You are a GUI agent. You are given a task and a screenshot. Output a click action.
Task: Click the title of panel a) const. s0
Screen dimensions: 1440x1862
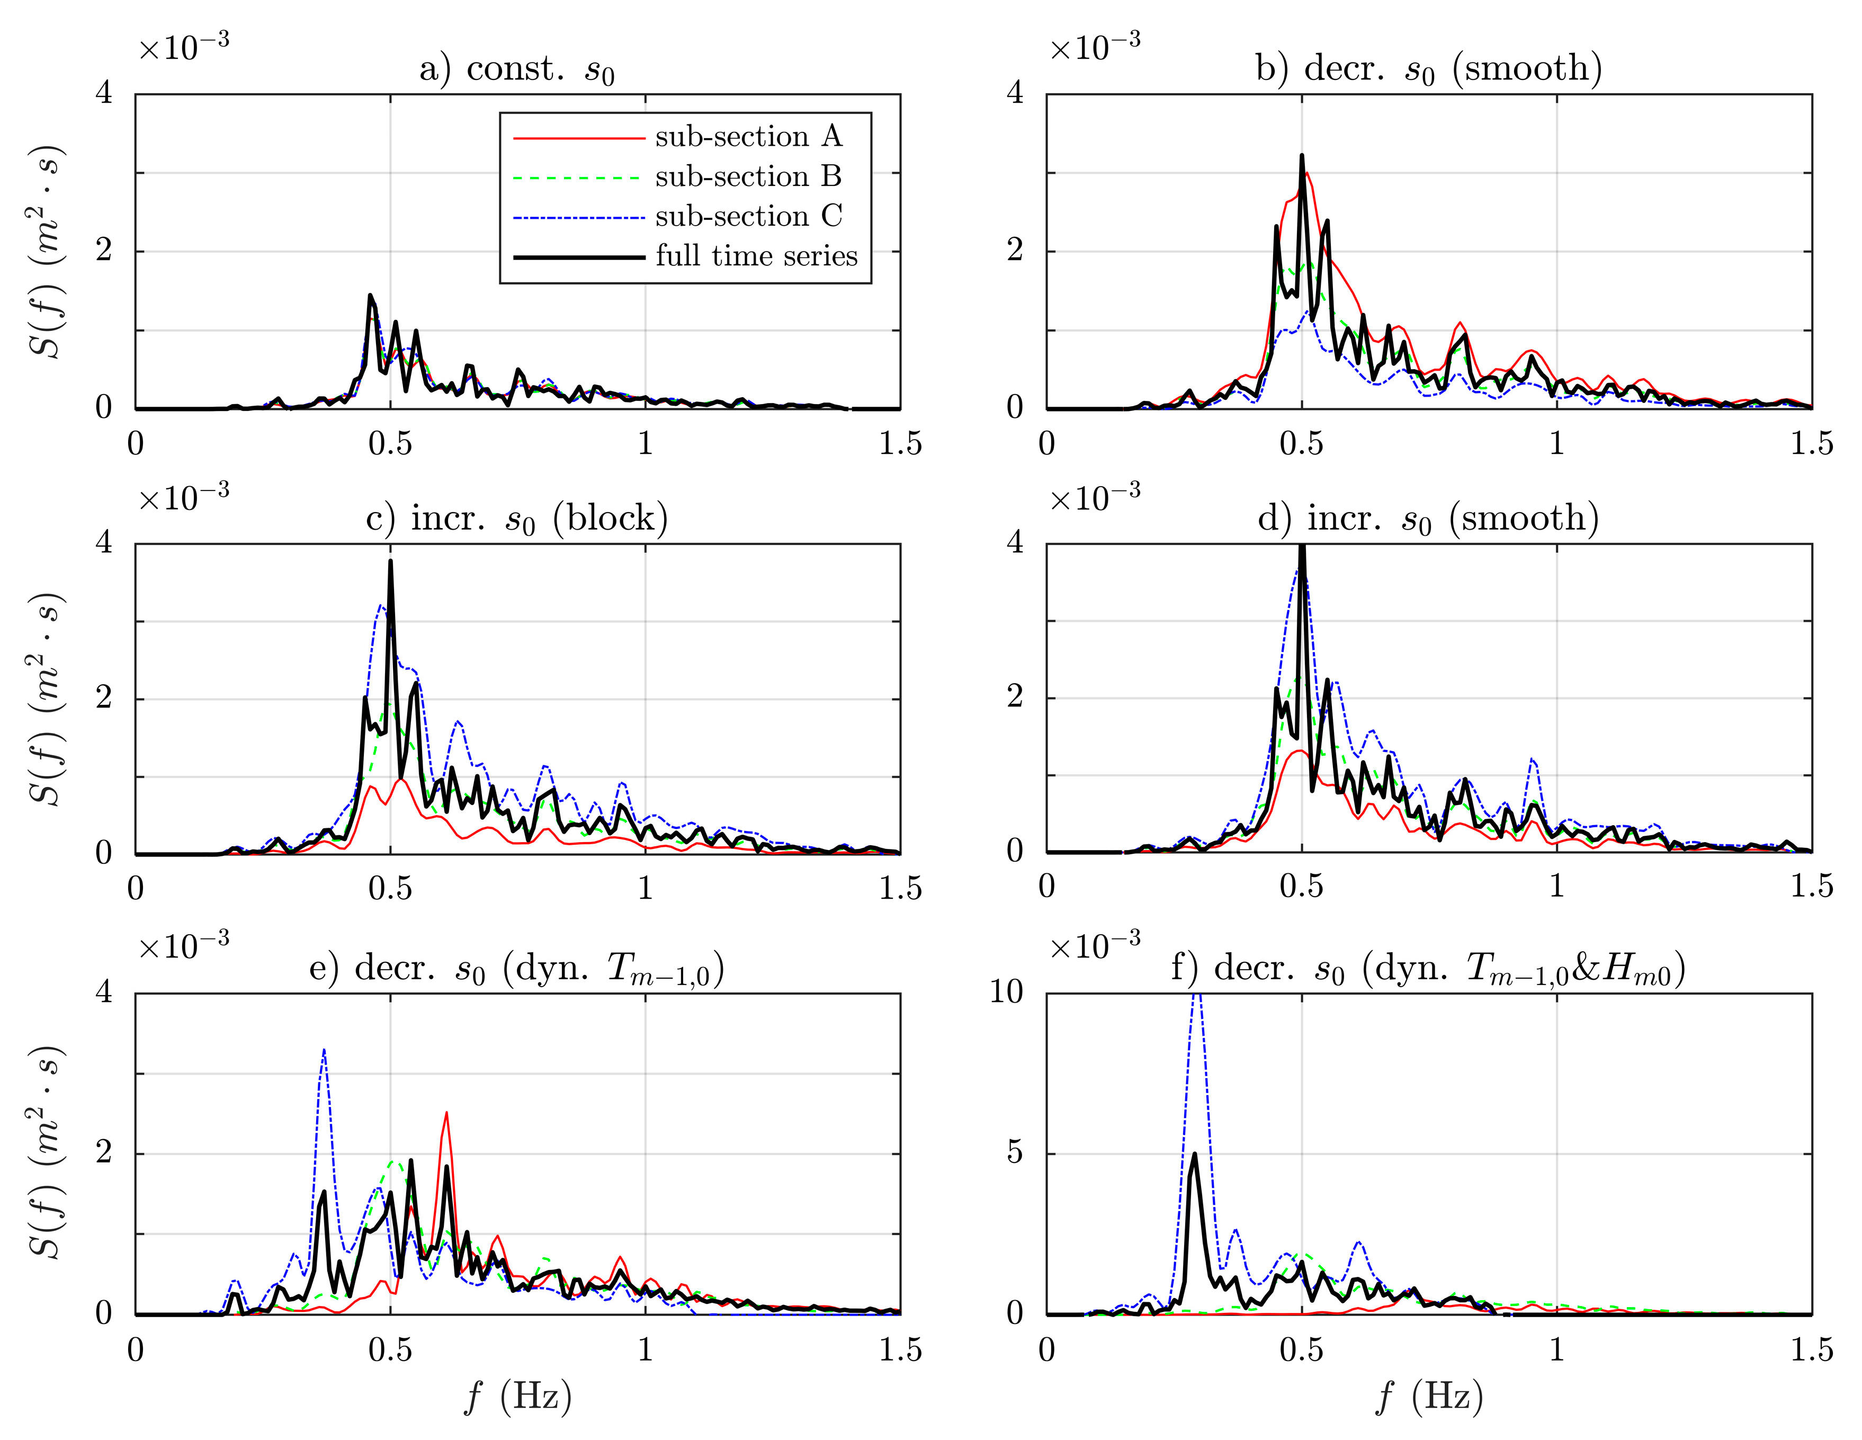coord(517,69)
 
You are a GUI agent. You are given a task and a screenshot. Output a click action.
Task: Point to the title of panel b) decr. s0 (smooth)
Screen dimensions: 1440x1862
coord(1429,69)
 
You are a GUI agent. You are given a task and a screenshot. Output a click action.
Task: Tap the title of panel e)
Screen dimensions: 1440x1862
coord(517,969)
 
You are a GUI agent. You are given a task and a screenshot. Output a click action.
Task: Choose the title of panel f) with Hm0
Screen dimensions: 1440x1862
coord(1428,969)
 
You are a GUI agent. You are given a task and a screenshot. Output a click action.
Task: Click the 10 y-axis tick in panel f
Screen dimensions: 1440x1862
coord(1006,992)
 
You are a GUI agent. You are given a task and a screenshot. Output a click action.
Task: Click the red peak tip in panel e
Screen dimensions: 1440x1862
coord(446,1113)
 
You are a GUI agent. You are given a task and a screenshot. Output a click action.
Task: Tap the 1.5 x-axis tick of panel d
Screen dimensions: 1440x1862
coord(1811,887)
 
